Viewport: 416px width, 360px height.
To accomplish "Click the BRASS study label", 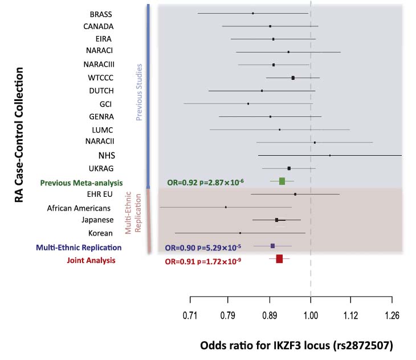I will tap(101, 14).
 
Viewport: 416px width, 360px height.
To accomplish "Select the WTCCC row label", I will tap(101, 78).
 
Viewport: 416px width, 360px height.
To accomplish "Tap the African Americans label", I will tap(83, 208).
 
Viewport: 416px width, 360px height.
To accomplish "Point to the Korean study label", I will tap(101, 233).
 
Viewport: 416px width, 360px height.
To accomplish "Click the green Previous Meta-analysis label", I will tap(81, 183).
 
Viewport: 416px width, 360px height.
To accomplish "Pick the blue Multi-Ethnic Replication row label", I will tap(79, 248).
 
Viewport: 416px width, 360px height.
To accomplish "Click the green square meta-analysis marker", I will tap(282, 181).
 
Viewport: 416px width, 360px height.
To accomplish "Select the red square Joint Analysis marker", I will tap(279, 259).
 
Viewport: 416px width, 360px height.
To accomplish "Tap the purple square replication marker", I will tap(272, 246).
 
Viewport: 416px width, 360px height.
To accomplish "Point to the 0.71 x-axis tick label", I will tap(190, 315).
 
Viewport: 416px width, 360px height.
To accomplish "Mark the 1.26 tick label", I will tap(392, 315).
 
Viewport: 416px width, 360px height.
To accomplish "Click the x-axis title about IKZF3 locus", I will tap(296, 346).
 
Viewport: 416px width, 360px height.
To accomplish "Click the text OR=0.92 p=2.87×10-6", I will tap(205, 182).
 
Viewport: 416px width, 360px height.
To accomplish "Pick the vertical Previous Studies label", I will tap(138, 91).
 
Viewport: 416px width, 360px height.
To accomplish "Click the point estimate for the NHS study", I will tap(330, 155).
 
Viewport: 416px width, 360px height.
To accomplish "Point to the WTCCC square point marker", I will tap(293, 78).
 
